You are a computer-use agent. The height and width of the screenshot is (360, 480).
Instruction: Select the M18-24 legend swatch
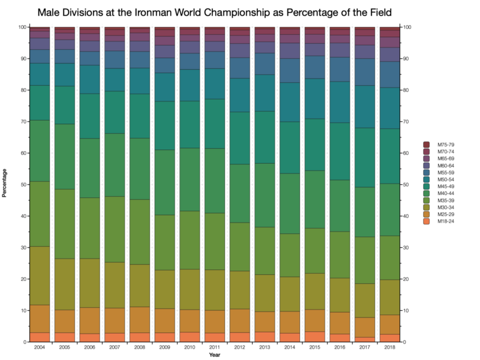[x=427, y=221]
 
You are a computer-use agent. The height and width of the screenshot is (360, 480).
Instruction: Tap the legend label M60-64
[x=440, y=166]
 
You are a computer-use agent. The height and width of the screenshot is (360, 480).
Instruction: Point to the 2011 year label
[x=214, y=348]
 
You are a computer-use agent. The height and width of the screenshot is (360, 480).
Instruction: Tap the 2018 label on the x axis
[x=389, y=348]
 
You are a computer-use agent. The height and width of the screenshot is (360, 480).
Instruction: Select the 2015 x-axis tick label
[x=314, y=348]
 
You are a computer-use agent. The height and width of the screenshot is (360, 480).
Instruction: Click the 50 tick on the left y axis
[x=22, y=184]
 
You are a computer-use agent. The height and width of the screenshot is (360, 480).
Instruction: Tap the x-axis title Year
[x=214, y=356]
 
